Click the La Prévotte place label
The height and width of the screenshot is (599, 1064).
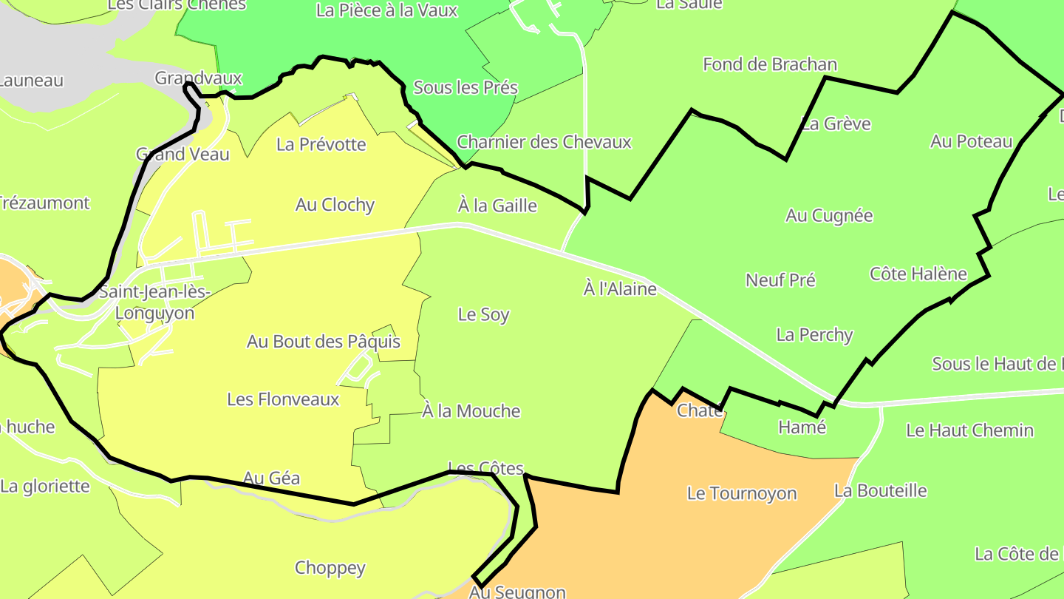click(x=321, y=144)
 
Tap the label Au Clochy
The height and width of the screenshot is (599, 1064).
click(x=335, y=205)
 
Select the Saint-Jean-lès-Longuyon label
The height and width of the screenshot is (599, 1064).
click(x=155, y=302)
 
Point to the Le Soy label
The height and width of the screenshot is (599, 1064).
click(x=484, y=314)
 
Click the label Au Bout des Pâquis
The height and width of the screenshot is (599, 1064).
click(x=324, y=342)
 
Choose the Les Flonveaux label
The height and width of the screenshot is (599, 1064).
click(x=283, y=399)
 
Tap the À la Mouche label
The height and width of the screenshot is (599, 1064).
click(x=471, y=411)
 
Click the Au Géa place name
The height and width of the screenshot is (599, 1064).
click(x=272, y=478)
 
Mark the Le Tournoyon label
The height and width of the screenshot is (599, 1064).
click(x=742, y=493)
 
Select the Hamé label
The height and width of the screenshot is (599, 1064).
click(x=802, y=427)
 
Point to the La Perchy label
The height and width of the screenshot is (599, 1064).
click(x=814, y=335)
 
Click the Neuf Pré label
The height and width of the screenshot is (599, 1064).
click(x=780, y=280)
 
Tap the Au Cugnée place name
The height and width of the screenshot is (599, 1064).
click(x=829, y=216)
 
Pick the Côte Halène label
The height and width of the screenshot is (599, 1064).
click(x=918, y=274)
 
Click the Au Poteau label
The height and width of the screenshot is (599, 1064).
click(x=971, y=141)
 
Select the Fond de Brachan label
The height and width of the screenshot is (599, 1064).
click(x=770, y=64)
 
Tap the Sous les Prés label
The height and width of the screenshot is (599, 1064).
click(x=465, y=87)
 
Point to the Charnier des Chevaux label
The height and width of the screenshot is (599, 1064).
click(x=544, y=142)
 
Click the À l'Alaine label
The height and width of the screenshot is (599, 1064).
click(x=620, y=289)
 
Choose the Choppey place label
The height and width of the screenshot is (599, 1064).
click(x=330, y=568)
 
